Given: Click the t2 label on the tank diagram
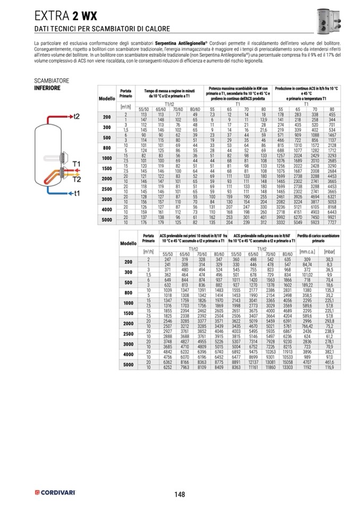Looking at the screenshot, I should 76,116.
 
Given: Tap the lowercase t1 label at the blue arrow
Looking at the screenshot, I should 76,193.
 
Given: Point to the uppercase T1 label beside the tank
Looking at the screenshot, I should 76,163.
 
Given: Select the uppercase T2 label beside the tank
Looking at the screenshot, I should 76,179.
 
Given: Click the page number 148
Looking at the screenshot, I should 179,495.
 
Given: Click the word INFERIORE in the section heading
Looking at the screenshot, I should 47,88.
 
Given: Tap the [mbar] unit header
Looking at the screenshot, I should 329,251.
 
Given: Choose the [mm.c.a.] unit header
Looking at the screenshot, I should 307,251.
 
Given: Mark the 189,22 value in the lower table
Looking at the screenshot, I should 307,284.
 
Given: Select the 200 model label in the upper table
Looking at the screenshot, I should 107,117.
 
